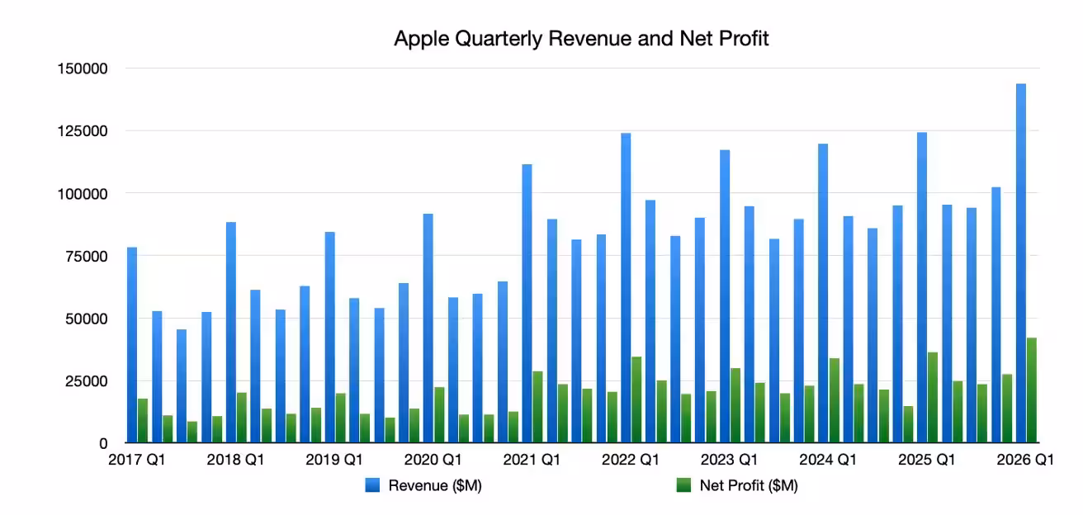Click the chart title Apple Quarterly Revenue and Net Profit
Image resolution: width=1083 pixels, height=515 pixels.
(581, 39)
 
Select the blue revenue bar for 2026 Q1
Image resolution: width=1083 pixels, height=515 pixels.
(1021, 264)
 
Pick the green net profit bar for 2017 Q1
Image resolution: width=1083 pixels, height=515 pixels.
(143, 421)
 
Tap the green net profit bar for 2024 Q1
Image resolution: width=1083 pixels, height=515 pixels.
(834, 401)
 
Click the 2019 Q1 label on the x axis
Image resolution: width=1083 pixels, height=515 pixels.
(334, 461)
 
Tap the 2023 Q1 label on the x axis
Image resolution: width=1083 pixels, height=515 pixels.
(729, 461)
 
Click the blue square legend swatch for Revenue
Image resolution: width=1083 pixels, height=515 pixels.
(371, 487)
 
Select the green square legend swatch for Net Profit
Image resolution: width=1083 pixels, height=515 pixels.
(683, 487)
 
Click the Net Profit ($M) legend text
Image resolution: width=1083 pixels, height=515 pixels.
(748, 487)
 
